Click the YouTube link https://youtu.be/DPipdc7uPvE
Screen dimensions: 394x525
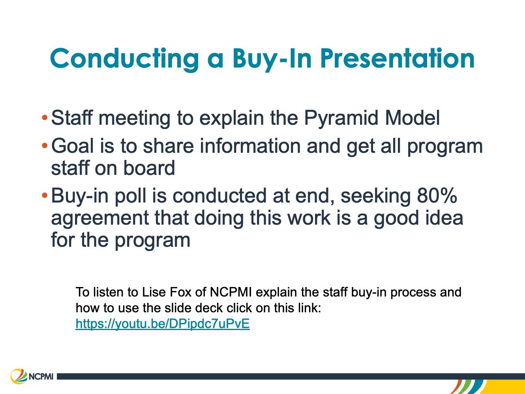(x=163, y=324)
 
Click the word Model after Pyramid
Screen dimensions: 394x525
(x=412, y=118)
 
